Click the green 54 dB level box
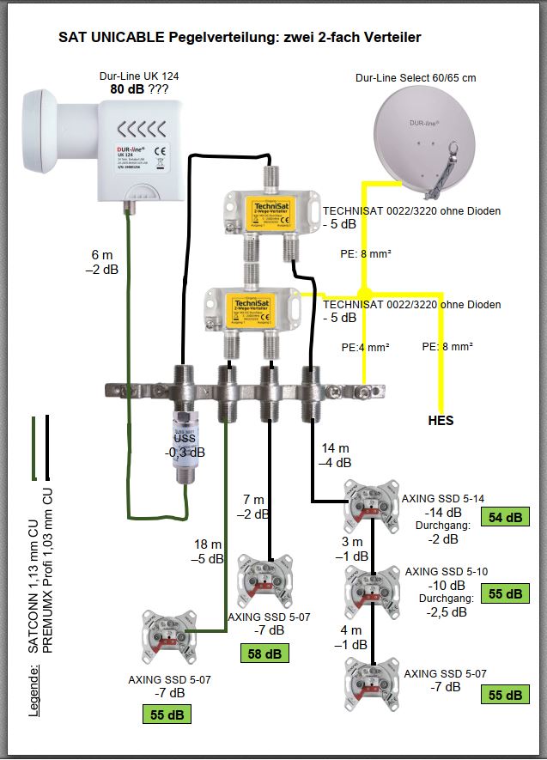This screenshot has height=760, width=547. click(x=505, y=517)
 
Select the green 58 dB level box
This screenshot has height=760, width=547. click(x=264, y=654)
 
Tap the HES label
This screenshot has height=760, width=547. click(x=441, y=421)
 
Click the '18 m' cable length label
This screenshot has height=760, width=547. click(x=206, y=544)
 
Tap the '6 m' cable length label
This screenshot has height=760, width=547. click(x=102, y=254)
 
